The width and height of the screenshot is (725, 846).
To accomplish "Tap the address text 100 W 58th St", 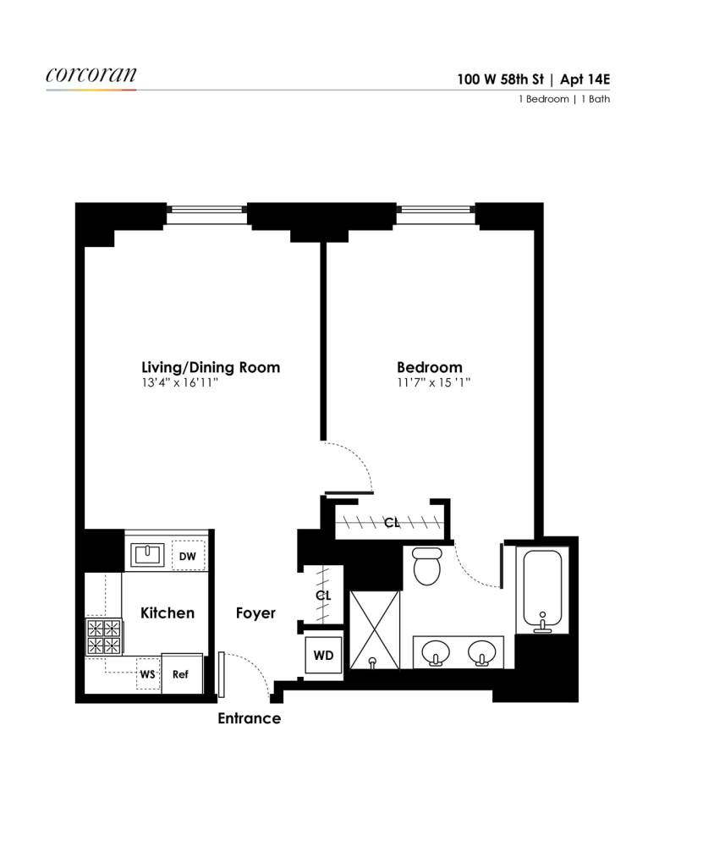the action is click(500, 80).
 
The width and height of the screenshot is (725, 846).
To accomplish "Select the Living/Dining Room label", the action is click(211, 368).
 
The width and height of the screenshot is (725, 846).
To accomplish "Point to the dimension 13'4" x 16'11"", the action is click(179, 383).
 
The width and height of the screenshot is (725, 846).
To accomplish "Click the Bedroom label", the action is click(430, 367).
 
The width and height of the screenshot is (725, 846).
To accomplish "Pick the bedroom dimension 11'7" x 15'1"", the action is click(434, 383).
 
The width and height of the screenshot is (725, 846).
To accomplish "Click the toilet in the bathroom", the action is click(427, 566).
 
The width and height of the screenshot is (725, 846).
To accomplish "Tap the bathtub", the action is click(542, 590).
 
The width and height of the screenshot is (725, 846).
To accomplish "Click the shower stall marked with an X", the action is click(375, 629).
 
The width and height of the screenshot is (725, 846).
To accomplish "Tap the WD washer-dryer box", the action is click(323, 656).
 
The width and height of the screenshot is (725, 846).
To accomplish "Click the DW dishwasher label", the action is click(187, 557).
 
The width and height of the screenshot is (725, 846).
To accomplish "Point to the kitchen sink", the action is click(147, 554).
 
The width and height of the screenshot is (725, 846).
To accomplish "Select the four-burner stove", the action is click(104, 637).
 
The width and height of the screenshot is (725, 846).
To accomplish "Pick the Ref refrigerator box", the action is click(182, 674).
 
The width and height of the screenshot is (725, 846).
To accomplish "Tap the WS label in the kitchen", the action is click(147, 674).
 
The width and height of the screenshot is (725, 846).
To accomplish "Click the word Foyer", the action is click(255, 613).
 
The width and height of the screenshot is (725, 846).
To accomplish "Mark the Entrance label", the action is click(250, 718).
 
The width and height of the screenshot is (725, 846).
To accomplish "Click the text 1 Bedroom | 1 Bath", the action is click(564, 99).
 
